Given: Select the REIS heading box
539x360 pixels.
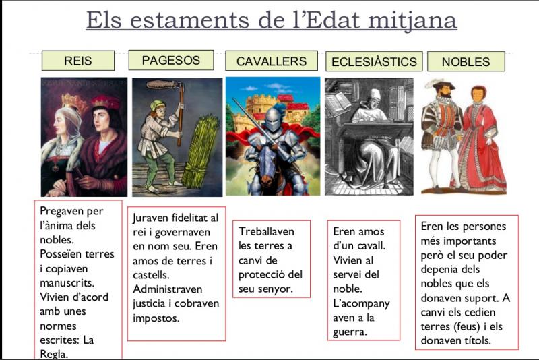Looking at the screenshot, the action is [78, 61].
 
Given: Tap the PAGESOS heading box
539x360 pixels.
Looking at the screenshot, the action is [171, 60].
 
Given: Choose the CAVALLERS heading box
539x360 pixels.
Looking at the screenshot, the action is [272, 61].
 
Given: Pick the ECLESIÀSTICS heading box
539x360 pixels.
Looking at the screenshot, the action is [374, 61].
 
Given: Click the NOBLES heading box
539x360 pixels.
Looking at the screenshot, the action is [466, 61].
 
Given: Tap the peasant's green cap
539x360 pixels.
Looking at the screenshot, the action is [157, 104].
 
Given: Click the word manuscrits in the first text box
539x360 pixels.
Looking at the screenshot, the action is [67, 282].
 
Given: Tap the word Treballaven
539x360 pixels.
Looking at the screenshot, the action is [266, 231].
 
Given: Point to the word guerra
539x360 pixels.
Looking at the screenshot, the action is [350, 332].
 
